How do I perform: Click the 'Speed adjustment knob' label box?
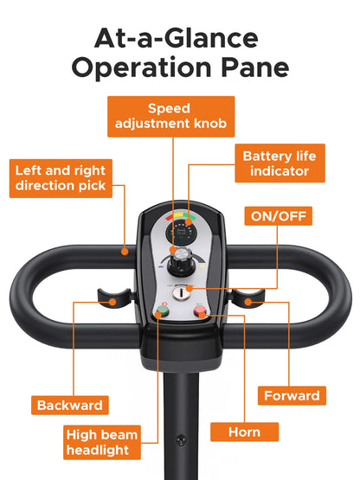[171, 117]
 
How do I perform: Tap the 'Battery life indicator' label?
[280, 163]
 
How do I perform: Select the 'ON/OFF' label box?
[278, 216]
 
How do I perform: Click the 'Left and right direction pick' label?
[61, 178]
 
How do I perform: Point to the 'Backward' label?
[70, 405]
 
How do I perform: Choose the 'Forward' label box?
[292, 395]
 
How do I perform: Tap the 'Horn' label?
[245, 432]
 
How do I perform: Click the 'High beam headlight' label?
[102, 442]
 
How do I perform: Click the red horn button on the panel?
[200, 310]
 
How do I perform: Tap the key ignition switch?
[180, 293]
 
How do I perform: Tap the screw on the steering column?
[181, 439]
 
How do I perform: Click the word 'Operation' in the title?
[142, 68]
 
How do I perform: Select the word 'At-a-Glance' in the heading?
[177, 38]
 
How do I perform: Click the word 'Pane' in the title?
[255, 67]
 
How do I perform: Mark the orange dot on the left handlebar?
[125, 252]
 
